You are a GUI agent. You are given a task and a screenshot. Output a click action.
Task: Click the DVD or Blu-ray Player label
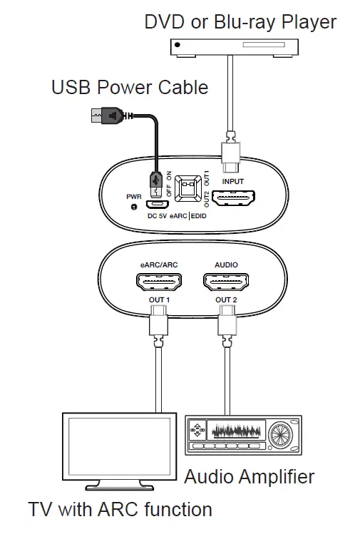[240, 21]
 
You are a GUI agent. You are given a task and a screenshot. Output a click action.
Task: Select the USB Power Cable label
[130, 87]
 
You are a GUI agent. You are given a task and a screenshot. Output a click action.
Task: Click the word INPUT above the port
[232, 182]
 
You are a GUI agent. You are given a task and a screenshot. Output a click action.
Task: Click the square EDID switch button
[188, 187]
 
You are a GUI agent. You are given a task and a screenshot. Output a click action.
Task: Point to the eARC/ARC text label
[159, 265]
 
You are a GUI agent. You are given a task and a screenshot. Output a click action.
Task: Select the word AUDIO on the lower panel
[226, 265]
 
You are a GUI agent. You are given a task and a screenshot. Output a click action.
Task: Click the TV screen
[118, 449]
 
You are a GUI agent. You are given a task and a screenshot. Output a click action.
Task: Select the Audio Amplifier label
[249, 476]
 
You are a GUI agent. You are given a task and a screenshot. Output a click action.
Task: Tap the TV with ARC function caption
[120, 510]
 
